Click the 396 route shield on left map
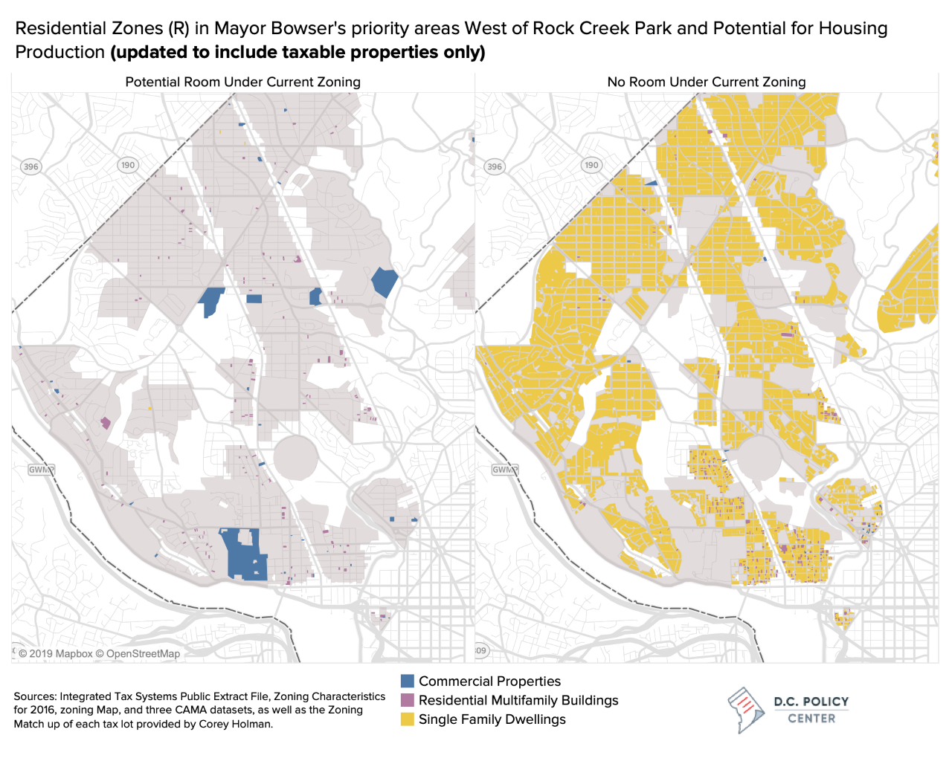[x=30, y=166]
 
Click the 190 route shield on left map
[x=128, y=165]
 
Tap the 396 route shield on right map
[x=495, y=166]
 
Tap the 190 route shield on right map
[x=591, y=165]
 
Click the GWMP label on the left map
[x=41, y=470]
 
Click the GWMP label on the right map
[x=505, y=470]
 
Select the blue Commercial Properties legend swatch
[x=407, y=681]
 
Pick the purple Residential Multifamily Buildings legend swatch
[x=407, y=700]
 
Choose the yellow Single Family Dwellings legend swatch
[x=407, y=719]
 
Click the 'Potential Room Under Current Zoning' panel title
[x=242, y=82]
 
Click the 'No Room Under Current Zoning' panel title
[x=706, y=82]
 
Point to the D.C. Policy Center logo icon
[x=746, y=710]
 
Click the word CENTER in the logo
[x=811, y=719]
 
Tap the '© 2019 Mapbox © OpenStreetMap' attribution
[x=99, y=654]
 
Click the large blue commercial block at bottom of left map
[x=241, y=554]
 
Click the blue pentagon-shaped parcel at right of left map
[x=385, y=282]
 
